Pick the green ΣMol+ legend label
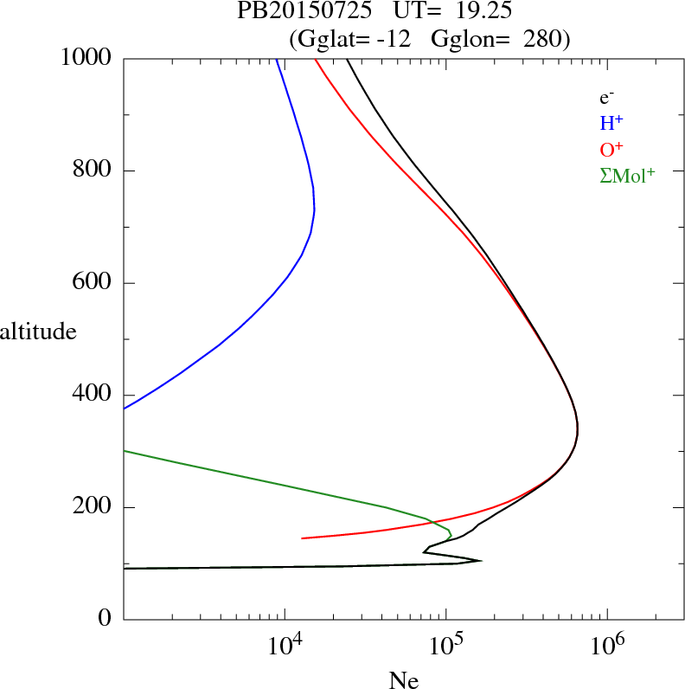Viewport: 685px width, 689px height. (x=627, y=176)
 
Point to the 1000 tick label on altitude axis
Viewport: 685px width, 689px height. (x=87, y=58)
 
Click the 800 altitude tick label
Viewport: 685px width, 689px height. (x=93, y=171)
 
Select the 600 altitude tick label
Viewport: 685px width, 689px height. (x=93, y=283)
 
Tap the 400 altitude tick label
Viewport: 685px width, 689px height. (x=93, y=395)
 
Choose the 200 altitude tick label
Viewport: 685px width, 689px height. (x=93, y=507)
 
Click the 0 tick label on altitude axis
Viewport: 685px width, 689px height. (x=106, y=620)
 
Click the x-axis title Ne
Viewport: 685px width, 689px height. (x=403, y=680)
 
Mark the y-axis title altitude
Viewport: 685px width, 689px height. (x=39, y=332)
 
